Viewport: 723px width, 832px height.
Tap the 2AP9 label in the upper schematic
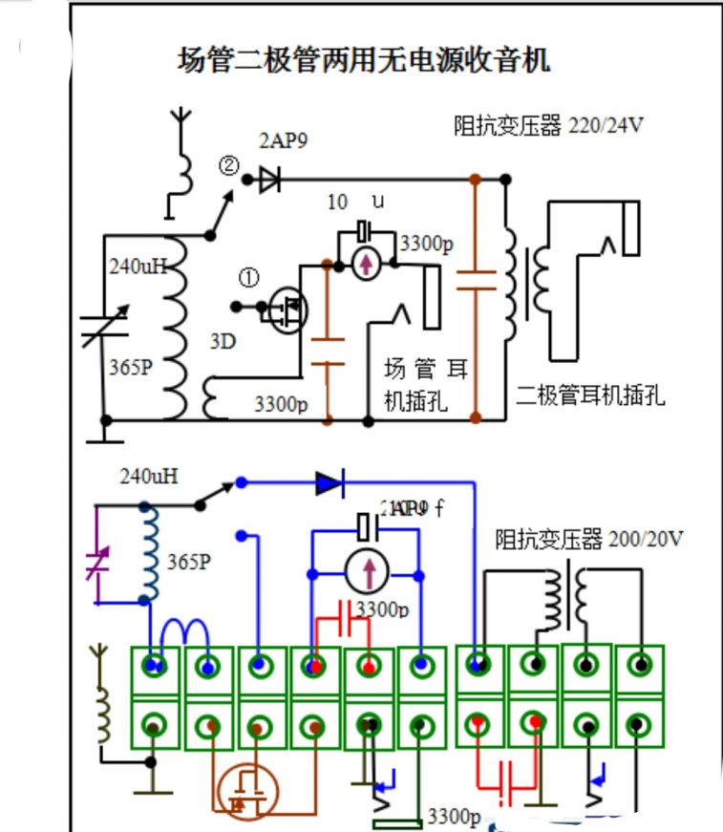click(284, 140)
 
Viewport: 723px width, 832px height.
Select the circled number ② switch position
click(228, 165)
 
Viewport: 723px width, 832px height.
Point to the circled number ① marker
click(248, 278)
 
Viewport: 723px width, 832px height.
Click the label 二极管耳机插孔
click(589, 395)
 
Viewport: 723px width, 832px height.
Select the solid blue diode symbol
click(330, 483)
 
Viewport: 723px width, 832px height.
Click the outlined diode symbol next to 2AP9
click(268, 179)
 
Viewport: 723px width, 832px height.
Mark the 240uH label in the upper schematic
click(138, 267)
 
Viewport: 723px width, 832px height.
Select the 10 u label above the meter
click(353, 203)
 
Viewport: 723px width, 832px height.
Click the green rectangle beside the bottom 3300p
click(396, 823)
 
